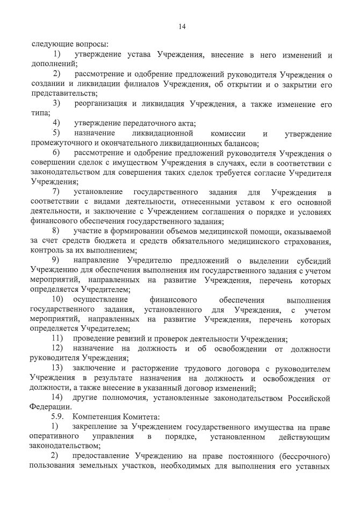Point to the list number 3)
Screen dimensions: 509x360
tap(56, 104)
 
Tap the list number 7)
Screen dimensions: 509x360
tap(56, 192)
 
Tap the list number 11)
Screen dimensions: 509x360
tap(57, 339)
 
